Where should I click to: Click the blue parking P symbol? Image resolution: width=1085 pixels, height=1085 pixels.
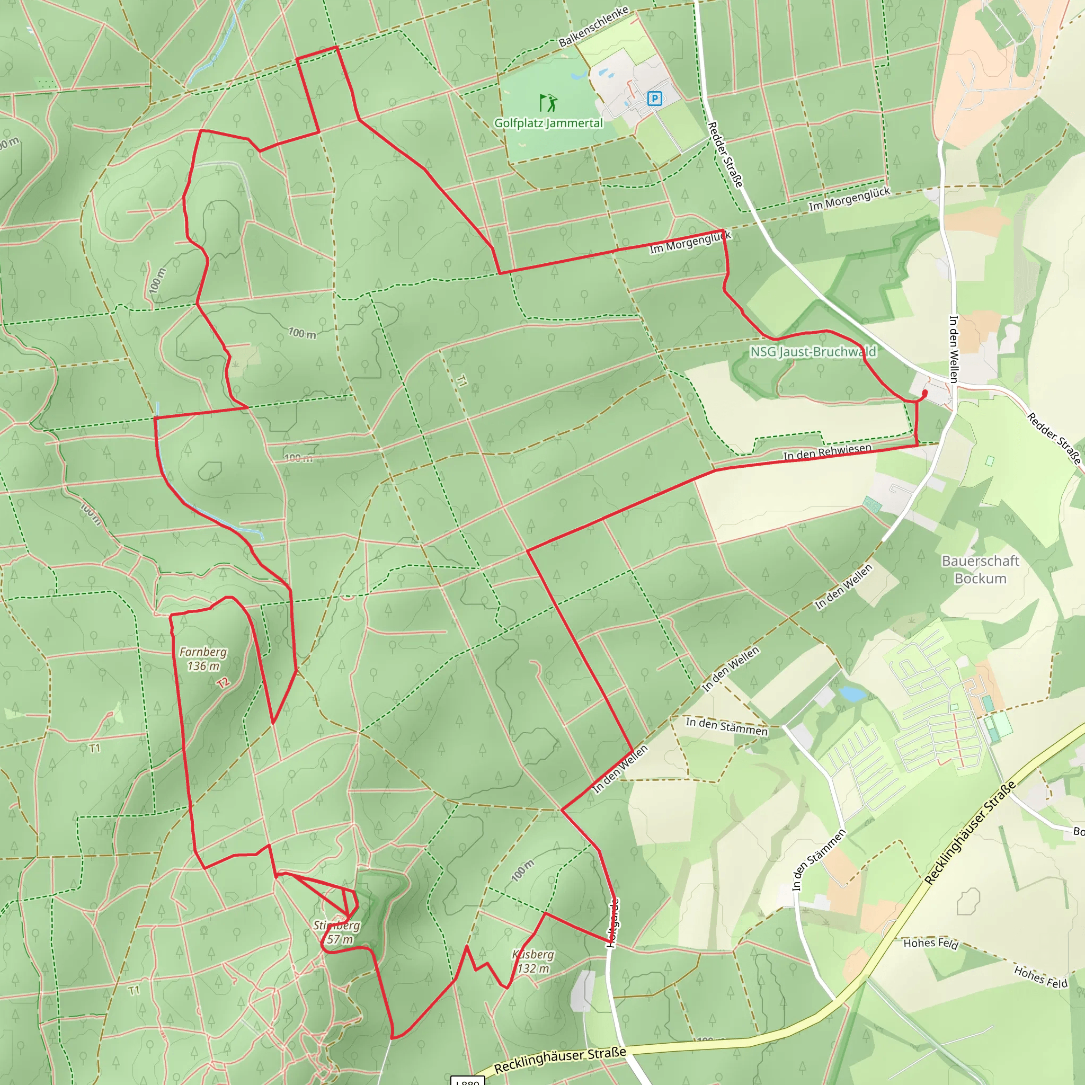654,99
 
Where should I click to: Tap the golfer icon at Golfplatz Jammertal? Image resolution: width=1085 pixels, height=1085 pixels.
548,103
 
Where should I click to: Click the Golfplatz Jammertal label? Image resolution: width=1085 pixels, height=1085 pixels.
548,123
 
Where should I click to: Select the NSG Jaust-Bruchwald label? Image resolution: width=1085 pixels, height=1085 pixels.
813,352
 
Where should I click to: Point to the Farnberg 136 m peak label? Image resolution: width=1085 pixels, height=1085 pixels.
203,659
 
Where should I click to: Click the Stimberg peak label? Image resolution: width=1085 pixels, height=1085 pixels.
336,932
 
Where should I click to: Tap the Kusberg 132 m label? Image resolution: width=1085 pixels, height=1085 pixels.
533,962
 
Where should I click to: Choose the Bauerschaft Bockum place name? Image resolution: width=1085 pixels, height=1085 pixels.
980,570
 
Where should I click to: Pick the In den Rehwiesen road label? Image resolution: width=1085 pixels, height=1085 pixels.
827,451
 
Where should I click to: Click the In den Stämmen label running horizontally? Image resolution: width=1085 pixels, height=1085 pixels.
726,726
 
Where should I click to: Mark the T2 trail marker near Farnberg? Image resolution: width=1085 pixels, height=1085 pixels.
224,683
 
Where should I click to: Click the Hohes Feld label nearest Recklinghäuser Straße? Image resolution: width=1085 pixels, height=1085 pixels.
930,943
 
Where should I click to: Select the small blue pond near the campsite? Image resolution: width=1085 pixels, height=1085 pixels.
852,693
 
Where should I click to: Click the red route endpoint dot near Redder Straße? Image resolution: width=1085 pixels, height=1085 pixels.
925,393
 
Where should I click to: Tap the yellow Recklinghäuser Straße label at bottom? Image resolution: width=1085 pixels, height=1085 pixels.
560,1059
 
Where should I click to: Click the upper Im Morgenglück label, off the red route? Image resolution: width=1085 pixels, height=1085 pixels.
849,199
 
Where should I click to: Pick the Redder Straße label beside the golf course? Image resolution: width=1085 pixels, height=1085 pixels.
725,155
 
